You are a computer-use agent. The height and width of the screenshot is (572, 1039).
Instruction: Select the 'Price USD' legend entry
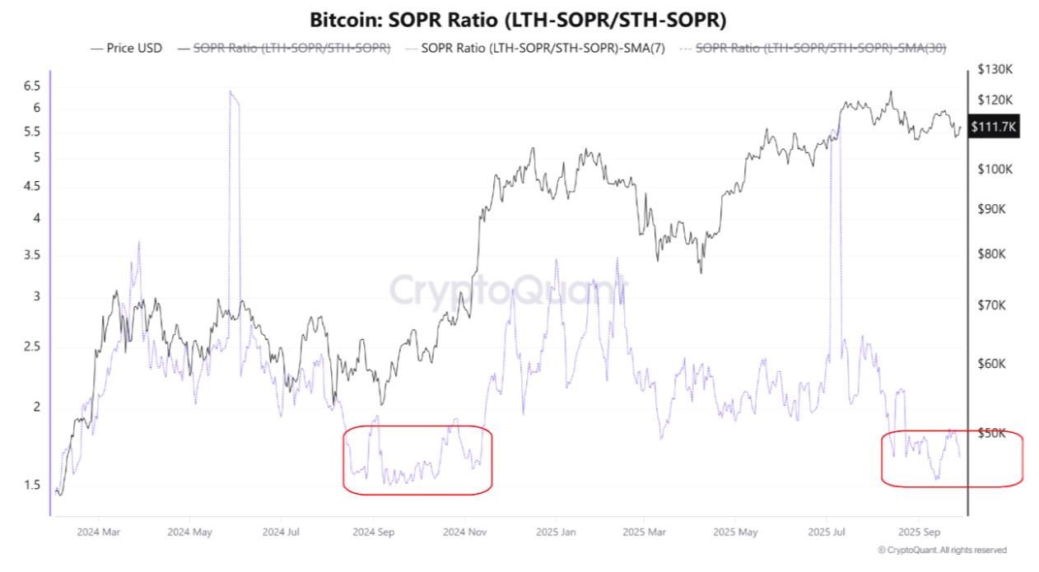click(128, 48)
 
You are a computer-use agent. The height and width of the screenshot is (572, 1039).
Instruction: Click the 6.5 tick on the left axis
click(32, 86)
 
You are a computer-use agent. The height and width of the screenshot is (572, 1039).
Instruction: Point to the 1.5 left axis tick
click(32, 485)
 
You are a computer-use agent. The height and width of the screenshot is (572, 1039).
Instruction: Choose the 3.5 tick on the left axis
click(32, 256)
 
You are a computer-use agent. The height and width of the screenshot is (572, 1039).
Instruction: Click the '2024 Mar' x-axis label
click(99, 532)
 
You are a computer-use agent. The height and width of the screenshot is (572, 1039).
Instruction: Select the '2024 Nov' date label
click(465, 532)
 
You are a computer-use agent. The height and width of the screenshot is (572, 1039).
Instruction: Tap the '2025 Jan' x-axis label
click(557, 532)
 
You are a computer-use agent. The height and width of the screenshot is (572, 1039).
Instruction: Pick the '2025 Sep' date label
click(919, 532)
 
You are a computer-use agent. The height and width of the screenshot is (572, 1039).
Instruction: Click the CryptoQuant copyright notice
click(942, 550)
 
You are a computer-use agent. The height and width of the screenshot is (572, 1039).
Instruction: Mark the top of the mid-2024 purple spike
click(231, 92)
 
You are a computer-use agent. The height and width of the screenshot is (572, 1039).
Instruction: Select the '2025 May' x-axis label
click(737, 532)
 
